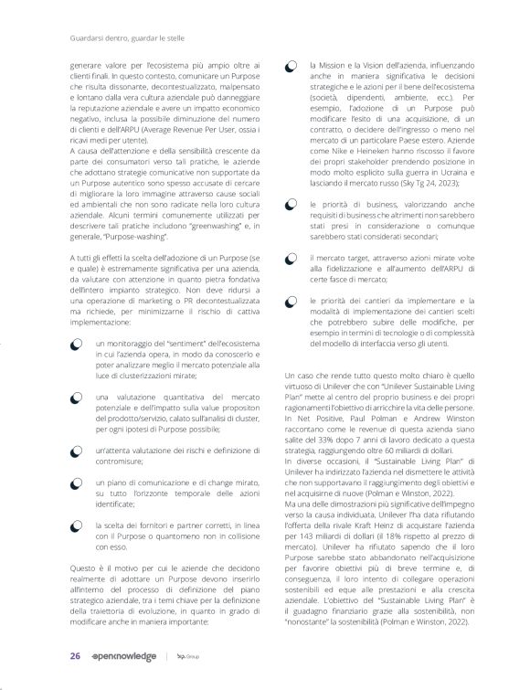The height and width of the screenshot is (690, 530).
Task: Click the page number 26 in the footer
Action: [75, 656]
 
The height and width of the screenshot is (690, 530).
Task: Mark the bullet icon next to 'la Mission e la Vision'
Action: [291, 68]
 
